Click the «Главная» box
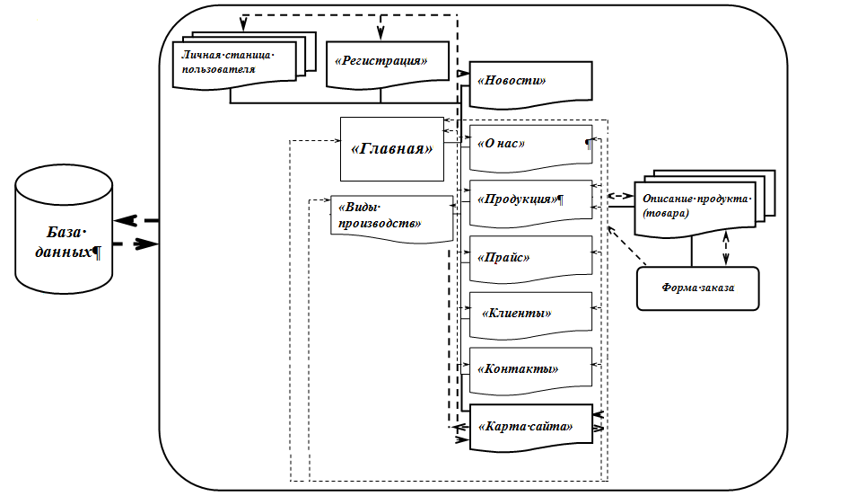tap(392, 148)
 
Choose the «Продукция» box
tap(529, 199)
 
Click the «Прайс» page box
tap(529, 257)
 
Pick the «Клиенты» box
tap(529, 313)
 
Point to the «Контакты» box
tap(529, 368)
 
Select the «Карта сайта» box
tap(529, 425)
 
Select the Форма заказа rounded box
tap(697, 288)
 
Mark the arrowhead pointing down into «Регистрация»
tap(381, 34)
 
